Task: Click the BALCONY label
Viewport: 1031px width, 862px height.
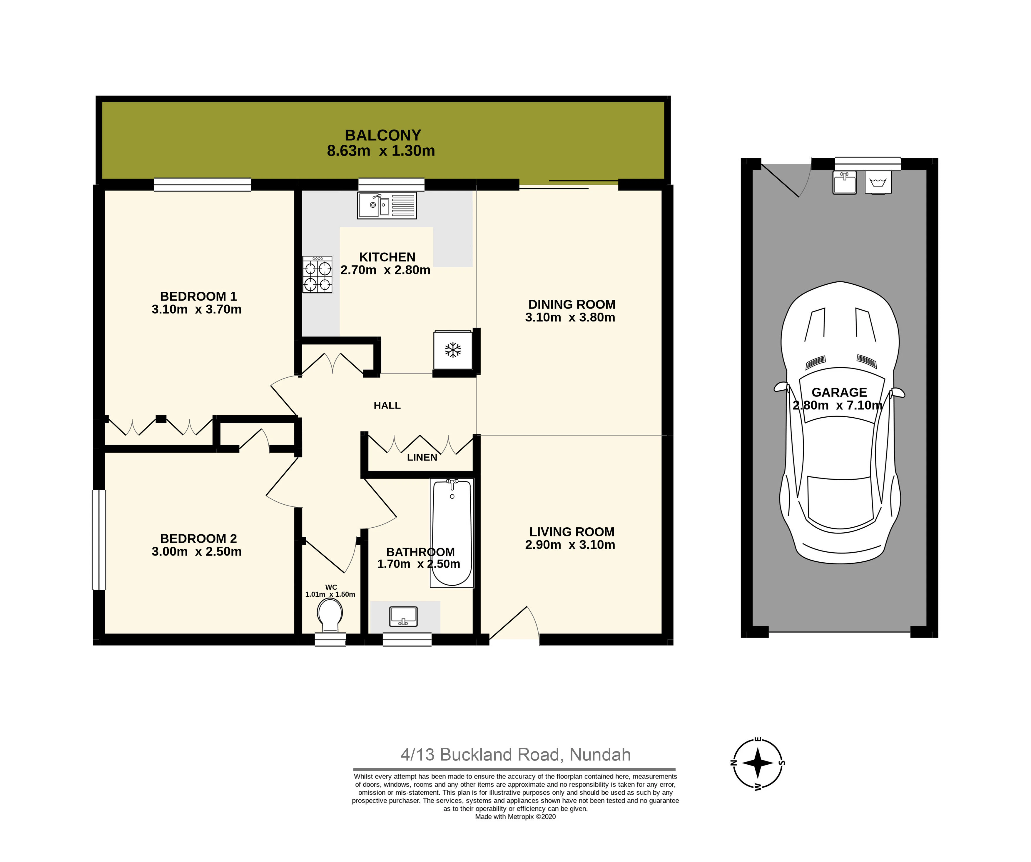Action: point(383,135)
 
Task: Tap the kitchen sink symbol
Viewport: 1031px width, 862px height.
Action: point(387,205)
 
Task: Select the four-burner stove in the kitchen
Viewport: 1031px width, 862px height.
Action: point(317,275)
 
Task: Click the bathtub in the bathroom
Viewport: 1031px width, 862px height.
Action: point(452,532)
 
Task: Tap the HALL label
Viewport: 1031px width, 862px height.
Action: point(387,405)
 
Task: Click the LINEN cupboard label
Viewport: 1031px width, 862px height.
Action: point(422,457)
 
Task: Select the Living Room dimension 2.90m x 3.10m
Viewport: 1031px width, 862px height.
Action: point(570,545)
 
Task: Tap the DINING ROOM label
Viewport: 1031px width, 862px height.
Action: point(572,304)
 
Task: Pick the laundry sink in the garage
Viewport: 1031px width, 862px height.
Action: point(844,182)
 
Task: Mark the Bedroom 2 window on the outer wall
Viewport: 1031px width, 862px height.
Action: point(99,539)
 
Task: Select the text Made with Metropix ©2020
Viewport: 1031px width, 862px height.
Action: point(516,817)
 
